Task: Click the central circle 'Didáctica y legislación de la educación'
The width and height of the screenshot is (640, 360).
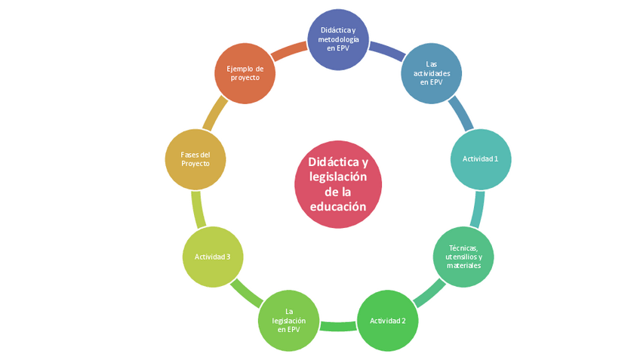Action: [338, 184]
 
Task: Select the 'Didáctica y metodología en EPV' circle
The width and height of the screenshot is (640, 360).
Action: [339, 39]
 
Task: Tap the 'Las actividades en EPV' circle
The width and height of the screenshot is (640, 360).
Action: [431, 72]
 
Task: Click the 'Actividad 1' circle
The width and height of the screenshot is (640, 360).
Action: [480, 158]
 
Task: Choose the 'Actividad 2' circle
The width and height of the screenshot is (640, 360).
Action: [387, 320]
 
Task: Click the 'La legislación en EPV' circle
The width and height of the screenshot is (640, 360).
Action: [289, 320]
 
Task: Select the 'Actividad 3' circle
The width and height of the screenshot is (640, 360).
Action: [213, 257]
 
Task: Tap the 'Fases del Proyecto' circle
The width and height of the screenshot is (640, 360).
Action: [195, 158]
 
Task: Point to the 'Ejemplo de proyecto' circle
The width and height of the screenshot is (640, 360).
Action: [245, 72]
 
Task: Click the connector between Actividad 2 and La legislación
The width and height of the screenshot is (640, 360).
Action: [338, 326]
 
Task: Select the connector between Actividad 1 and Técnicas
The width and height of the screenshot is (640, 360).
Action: [477, 209]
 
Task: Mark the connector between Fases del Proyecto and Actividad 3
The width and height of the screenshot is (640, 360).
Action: [198, 209]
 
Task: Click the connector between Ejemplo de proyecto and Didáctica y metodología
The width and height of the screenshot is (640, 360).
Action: [289, 50]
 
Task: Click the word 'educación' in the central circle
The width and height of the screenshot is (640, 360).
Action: [338, 206]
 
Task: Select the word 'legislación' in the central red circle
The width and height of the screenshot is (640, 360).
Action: [338, 177]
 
